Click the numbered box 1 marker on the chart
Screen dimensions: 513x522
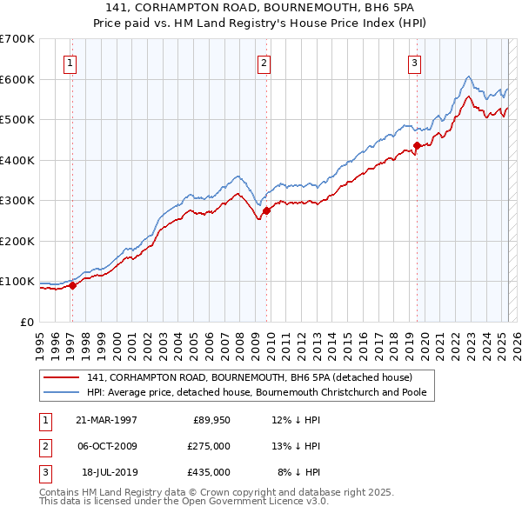pos(70,63)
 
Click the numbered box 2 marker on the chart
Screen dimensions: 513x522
pos(264,63)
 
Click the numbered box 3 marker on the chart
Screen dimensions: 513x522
pos(415,63)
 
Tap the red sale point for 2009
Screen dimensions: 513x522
pos(266,210)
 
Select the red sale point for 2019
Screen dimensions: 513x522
pos(417,146)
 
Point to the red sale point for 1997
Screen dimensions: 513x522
pos(73,285)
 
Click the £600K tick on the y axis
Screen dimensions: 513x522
pos(17,79)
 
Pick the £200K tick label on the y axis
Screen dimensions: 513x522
pos(17,241)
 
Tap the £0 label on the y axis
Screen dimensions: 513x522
pos(26,322)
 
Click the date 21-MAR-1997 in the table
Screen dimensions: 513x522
pos(106,421)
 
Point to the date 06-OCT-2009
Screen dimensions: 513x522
pos(106,446)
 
